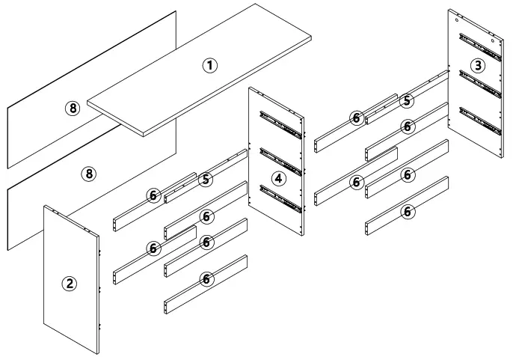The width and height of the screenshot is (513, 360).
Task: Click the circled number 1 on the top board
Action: tap(210, 65)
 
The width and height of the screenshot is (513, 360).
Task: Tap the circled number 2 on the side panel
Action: tap(69, 283)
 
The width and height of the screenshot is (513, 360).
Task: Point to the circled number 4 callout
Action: tap(278, 178)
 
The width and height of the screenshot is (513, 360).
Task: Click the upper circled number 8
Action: tap(72, 109)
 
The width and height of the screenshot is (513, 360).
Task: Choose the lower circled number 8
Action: tap(89, 174)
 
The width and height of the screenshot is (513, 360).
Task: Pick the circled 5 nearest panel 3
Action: tap(405, 100)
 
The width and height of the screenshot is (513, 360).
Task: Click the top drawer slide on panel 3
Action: tap(479, 46)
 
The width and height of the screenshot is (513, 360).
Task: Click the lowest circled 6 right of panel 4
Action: tap(408, 212)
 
